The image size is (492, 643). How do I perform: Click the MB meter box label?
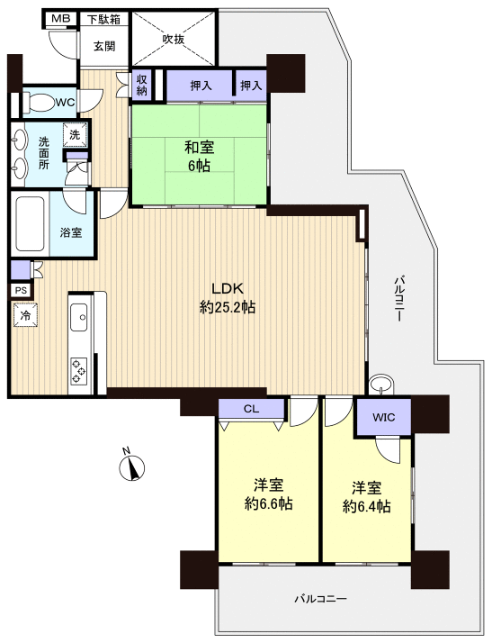coord(60,18)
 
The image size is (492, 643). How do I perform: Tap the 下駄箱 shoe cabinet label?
coord(103,19)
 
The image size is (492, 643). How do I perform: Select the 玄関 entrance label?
coord(104,46)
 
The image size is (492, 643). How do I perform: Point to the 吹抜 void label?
coord(174,39)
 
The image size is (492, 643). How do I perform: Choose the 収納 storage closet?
coord(142,85)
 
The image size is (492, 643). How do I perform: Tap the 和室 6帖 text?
coord(199,156)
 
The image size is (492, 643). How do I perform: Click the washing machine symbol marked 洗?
coord(75,134)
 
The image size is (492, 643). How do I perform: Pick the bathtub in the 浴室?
coord(31,223)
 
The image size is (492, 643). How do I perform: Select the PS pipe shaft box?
coord(21,290)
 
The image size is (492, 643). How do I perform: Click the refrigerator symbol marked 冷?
coord(25,315)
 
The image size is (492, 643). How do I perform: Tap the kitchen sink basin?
coord(79,317)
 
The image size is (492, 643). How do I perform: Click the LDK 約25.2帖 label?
coord(228,297)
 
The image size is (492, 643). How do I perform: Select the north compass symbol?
coord(132,466)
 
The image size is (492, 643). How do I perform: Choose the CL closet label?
coord(251,409)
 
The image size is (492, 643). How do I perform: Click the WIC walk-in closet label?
coord(384,418)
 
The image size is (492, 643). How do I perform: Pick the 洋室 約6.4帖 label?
coord(367,497)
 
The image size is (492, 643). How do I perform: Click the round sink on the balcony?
coord(380,385)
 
